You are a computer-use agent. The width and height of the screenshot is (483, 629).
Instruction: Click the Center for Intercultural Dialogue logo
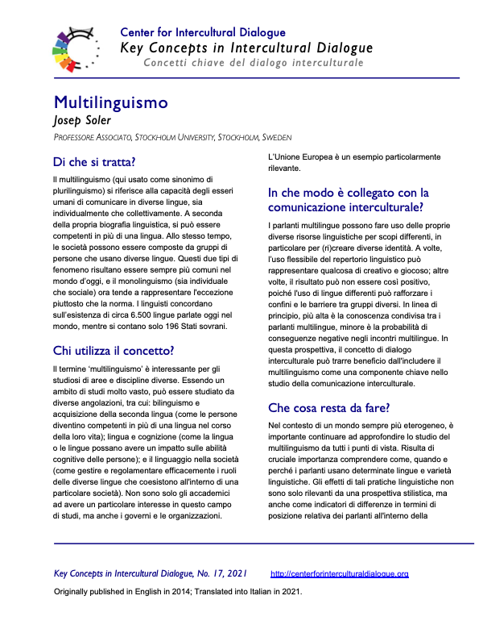(x=76, y=48)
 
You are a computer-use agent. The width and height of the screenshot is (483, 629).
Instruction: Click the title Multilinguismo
(x=110, y=103)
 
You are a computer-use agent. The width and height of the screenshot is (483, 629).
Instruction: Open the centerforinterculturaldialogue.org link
(x=340, y=573)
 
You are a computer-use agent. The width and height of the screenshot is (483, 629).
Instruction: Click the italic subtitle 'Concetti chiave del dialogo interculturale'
(x=253, y=63)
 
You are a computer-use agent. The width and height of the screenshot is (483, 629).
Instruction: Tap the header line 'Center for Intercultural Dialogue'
(x=203, y=32)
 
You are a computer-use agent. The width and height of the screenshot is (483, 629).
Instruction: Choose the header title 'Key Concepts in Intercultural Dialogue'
(x=246, y=48)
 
